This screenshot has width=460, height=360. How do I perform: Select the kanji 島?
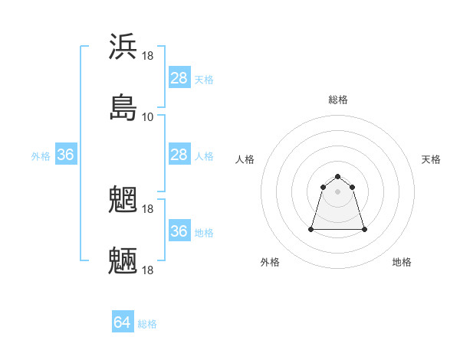tap(123, 107)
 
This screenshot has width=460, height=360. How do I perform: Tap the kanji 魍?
tap(123, 199)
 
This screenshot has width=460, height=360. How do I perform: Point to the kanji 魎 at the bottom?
tap(123, 260)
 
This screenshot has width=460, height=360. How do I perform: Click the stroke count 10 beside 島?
tap(148, 117)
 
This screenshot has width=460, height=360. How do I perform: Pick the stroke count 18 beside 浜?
tap(148, 56)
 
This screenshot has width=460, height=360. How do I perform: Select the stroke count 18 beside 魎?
tap(148, 270)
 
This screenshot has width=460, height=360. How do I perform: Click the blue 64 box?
tap(122, 323)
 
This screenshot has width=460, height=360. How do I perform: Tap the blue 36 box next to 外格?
tap(66, 155)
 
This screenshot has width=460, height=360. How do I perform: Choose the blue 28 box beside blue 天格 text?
tap(179, 78)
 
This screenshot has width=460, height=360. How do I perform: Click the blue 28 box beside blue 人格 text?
tap(179, 155)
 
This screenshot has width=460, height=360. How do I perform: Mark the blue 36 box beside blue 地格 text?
tap(179, 231)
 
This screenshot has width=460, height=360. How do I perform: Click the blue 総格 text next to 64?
tap(147, 324)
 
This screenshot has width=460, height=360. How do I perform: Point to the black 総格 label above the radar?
tap(338, 100)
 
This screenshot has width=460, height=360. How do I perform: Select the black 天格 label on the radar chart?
tap(431, 159)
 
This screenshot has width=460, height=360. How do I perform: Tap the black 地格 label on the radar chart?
tap(402, 262)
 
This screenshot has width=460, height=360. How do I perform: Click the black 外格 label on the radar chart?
tap(270, 262)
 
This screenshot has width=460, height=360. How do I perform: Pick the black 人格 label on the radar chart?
tap(245, 159)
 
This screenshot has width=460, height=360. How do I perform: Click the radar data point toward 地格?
tap(364, 229)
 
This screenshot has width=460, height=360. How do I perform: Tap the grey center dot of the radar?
tap(338, 191)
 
